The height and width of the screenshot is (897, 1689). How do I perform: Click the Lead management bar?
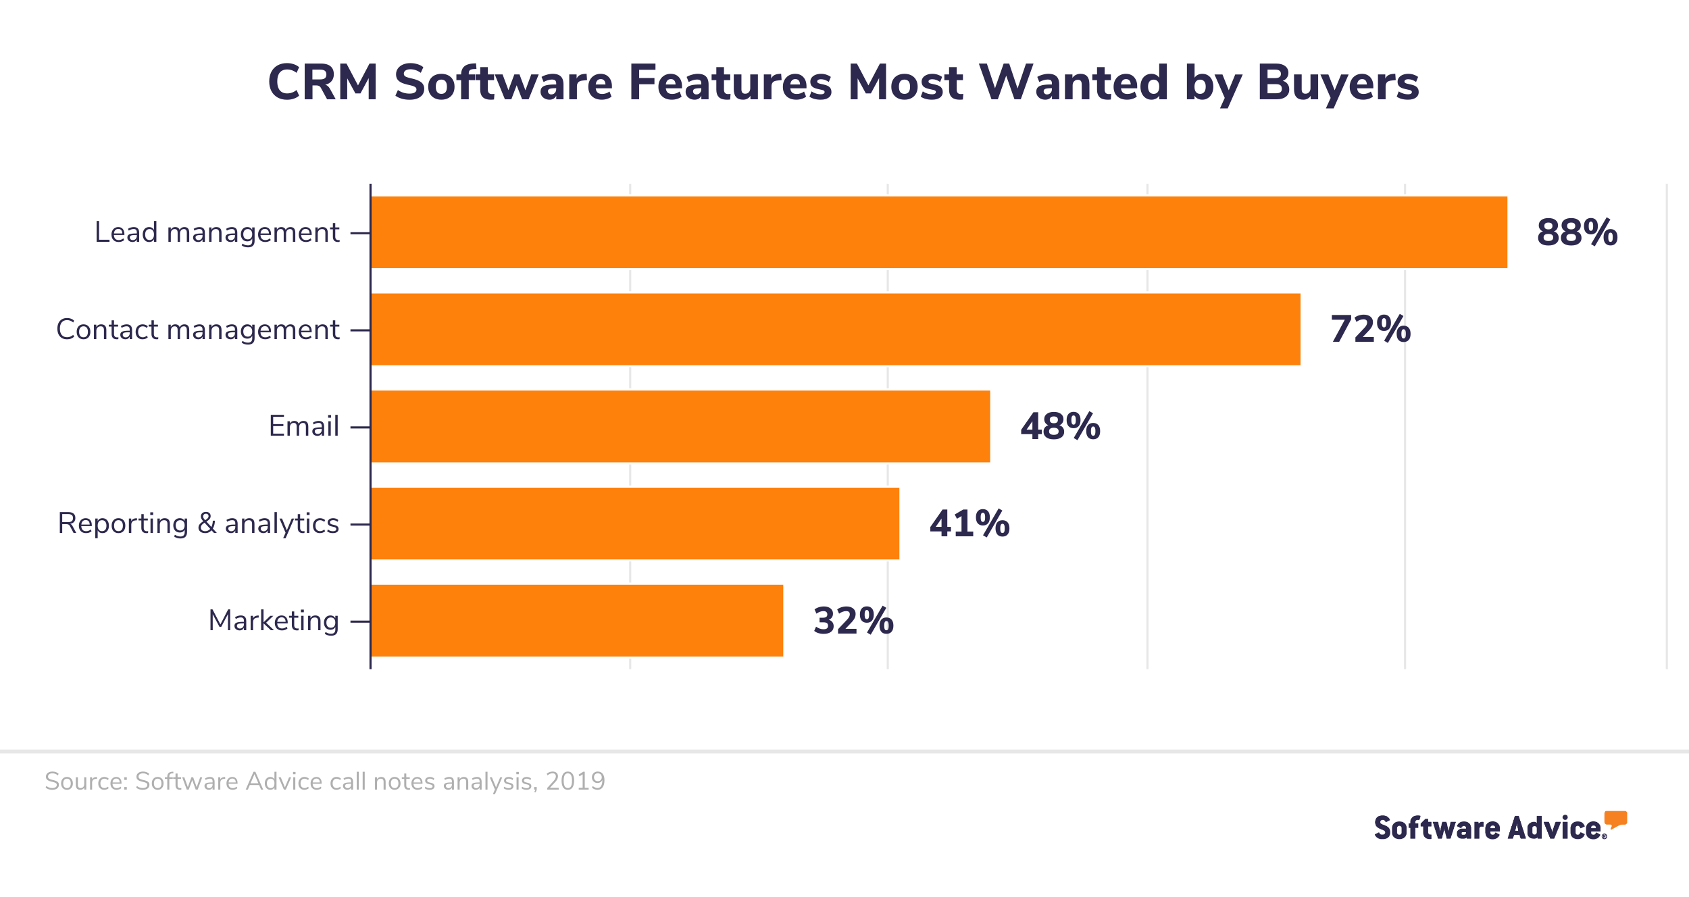(939, 232)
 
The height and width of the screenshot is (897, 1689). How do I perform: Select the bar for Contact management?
(836, 330)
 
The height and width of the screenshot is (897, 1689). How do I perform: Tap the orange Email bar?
(680, 426)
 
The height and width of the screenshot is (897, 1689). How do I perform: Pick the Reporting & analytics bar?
(635, 523)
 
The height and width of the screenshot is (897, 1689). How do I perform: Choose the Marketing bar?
(577, 621)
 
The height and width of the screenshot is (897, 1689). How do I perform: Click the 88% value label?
(1577, 232)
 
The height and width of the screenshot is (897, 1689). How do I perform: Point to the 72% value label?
(1370, 330)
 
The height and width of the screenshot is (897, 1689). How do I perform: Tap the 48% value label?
(1060, 426)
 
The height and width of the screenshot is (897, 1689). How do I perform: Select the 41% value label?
(969, 523)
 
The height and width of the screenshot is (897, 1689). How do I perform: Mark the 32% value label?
(853, 621)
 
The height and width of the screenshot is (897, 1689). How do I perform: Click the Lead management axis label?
(217, 232)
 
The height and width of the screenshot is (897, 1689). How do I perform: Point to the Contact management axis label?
(197, 330)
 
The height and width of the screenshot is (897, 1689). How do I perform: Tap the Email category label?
(303, 426)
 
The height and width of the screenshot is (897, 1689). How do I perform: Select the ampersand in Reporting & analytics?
(207, 523)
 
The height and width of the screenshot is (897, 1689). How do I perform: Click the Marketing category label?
(274, 621)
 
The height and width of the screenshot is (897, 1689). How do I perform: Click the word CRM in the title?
(323, 83)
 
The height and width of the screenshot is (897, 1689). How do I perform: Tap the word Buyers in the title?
(1338, 83)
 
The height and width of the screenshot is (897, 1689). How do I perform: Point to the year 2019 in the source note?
(575, 781)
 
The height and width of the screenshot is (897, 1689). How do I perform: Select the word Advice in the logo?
(1555, 828)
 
